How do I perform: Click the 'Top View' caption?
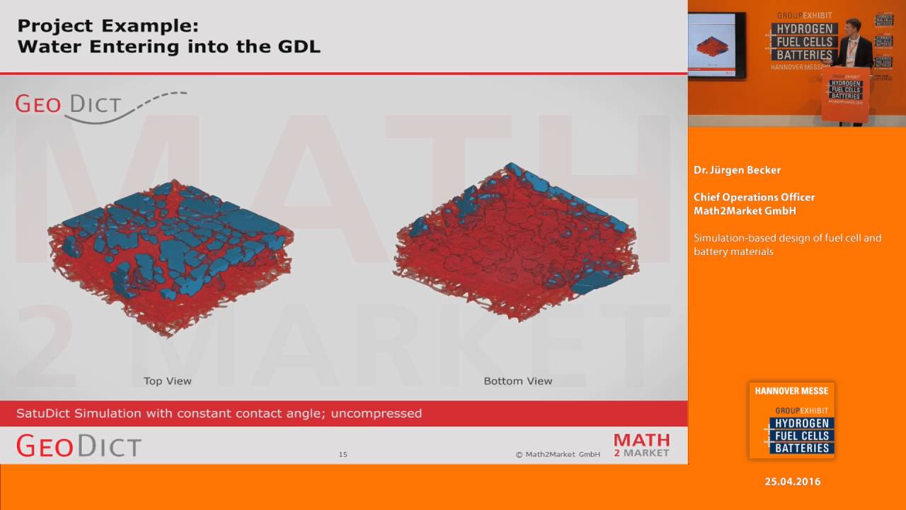coord(167,381)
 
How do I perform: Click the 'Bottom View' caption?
coord(517,381)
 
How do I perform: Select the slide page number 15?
coord(343,455)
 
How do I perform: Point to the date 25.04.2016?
coord(792,482)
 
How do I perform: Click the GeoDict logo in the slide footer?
coord(79,446)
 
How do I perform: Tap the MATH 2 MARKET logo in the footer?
coord(641,445)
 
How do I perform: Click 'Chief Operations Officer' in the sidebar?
coord(754,197)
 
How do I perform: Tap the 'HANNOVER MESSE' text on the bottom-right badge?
coord(791,391)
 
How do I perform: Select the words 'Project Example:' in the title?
coord(108,26)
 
